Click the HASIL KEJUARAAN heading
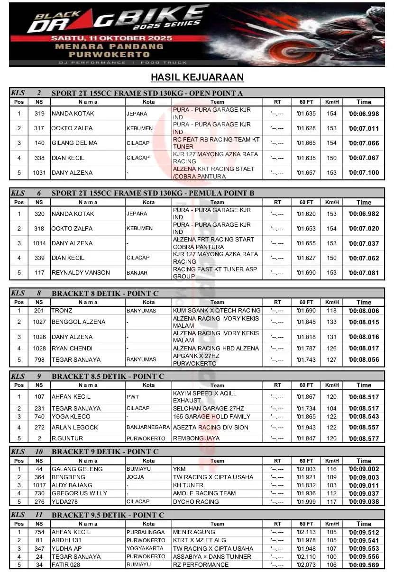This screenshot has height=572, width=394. [x=197, y=77]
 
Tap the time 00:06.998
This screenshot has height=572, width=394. [x=364, y=114]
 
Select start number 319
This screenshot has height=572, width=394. [x=39, y=114]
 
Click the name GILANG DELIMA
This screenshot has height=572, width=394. [x=74, y=143]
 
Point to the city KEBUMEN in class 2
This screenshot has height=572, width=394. [x=139, y=128]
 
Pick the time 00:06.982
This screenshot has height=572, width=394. [x=364, y=214]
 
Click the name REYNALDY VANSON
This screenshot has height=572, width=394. [x=81, y=273]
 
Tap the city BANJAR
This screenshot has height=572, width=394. [x=137, y=273]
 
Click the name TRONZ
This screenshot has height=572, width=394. [x=62, y=311]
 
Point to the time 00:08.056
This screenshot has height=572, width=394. [x=364, y=359]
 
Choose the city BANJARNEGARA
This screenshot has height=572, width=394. [x=147, y=427]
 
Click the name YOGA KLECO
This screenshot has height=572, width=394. [x=71, y=417]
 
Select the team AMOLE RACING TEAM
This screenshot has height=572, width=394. [x=204, y=493]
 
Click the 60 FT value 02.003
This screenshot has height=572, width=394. [x=306, y=469]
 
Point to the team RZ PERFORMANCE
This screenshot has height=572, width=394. [x=201, y=564]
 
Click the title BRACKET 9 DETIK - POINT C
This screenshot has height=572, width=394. [x=105, y=452]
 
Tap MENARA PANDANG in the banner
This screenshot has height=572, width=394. [x=109, y=46]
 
